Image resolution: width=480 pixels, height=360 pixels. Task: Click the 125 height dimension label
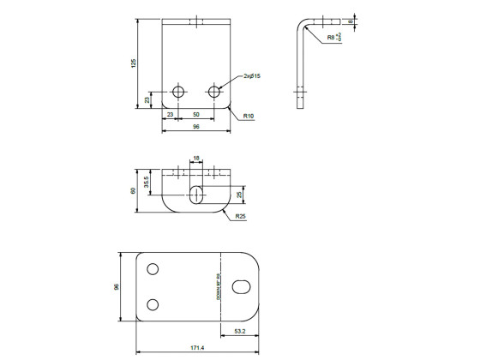133,65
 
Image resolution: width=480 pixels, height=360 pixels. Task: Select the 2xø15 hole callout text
251,76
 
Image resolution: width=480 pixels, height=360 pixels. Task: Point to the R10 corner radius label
249,115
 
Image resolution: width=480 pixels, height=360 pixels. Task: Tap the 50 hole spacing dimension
196,114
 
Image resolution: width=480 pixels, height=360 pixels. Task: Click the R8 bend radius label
333,38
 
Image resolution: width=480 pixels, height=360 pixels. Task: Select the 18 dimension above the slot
196,158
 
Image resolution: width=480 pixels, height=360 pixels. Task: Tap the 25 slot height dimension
240,195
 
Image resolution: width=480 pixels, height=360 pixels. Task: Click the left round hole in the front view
178,91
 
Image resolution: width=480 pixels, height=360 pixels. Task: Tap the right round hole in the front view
214,91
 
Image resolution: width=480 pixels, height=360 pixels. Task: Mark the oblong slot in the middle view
197,194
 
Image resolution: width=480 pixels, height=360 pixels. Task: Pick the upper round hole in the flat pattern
153,269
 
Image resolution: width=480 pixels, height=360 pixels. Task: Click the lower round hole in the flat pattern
153,304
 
